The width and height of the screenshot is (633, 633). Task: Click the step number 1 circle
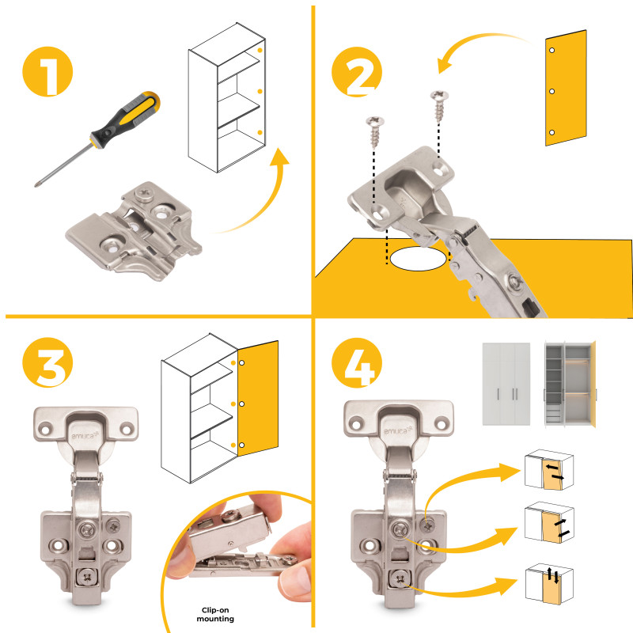point(47,71)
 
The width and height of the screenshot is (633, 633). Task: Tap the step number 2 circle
point(357,71)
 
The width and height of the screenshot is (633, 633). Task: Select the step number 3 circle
point(47,362)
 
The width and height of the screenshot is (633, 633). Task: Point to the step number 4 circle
point(357,362)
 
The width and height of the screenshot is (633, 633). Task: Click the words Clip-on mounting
point(215,614)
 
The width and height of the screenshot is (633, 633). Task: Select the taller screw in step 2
point(439,106)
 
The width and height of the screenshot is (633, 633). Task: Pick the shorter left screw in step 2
point(375,131)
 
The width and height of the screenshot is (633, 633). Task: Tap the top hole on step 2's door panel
point(552,50)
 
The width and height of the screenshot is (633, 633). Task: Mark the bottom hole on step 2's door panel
point(552,132)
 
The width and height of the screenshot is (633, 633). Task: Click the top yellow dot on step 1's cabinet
point(260,51)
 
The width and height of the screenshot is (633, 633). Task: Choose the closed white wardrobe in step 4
point(506,384)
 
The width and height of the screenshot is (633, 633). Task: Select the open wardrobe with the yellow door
point(570,384)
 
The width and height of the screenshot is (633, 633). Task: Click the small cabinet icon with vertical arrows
point(549,584)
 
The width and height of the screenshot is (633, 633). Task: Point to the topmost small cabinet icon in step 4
point(549,469)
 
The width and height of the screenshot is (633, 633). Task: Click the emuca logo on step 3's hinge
point(85,435)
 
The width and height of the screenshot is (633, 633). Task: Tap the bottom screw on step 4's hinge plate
point(400,579)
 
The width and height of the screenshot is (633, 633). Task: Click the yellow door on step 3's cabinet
point(258,398)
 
